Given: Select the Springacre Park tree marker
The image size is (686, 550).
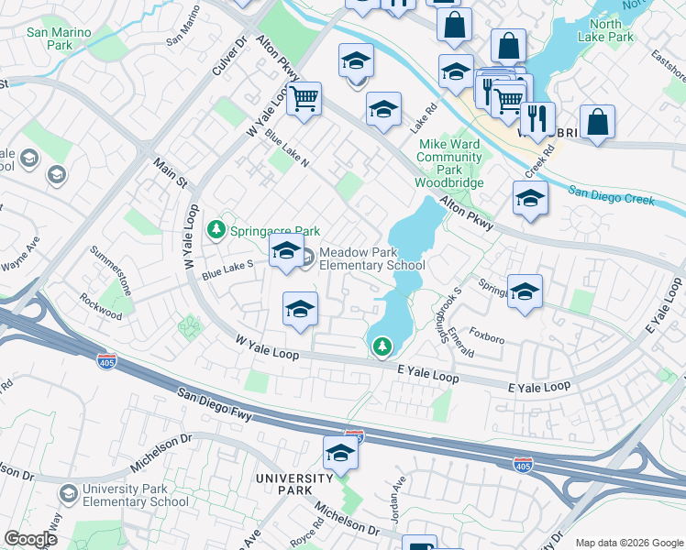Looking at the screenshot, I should click(x=216, y=229).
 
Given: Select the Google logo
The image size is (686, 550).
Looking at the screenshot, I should click(x=30, y=539).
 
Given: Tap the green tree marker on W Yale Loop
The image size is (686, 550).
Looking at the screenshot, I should click(x=382, y=346).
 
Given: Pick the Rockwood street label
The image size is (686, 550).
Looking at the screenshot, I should click(x=101, y=308).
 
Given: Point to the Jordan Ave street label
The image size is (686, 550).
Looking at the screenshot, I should click(x=399, y=502).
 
